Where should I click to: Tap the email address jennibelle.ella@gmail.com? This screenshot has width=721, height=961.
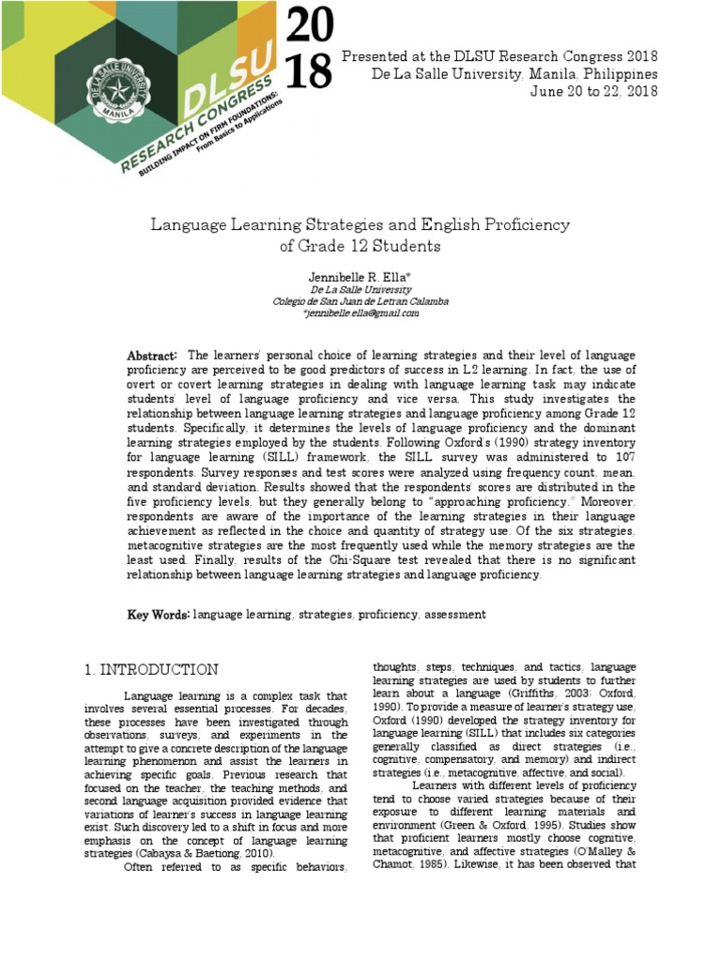click(361, 313)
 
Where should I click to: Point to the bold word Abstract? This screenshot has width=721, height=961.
click(152, 356)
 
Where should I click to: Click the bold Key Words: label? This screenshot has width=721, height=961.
click(159, 614)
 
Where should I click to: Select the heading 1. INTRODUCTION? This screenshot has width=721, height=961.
click(151, 670)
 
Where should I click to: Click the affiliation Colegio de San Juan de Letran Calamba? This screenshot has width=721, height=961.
click(360, 301)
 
